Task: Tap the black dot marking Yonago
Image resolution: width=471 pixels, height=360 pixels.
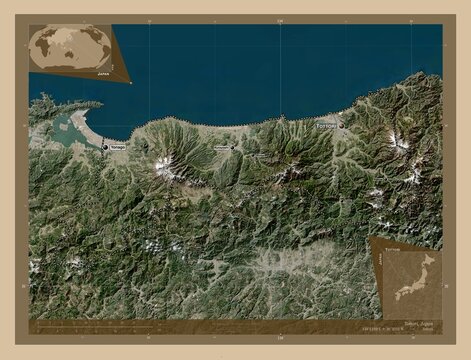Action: coord(106,148)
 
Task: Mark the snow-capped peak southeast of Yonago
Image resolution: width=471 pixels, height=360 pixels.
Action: coord(164,164)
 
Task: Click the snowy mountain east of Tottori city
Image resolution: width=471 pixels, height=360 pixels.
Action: coord(399,140)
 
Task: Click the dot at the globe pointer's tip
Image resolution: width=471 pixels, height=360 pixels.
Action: coord(131,83)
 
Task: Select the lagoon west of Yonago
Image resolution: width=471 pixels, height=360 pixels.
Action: coord(64,127)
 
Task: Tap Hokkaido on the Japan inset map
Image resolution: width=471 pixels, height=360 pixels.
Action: coord(429,257)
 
